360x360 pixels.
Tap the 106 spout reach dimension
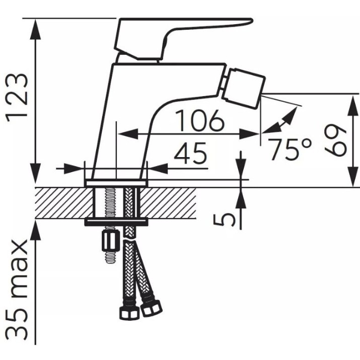[199, 120]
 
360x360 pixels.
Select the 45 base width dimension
[190, 154]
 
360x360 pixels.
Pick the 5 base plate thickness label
[225, 219]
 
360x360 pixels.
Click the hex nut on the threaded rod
[110, 241]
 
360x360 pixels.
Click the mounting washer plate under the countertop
[116, 222]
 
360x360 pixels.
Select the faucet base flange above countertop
[116, 183]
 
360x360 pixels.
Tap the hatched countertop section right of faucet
[168, 203]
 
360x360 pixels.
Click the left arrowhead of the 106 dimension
[128, 134]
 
